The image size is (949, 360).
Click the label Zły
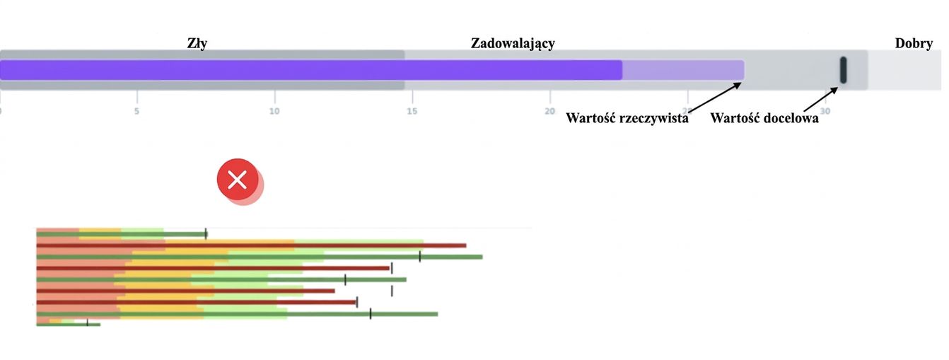197,43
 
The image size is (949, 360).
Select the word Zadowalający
513,43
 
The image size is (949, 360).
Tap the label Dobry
914,43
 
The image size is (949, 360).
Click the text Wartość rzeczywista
627,118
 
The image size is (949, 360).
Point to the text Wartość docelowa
764,118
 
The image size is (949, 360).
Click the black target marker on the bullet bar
843,70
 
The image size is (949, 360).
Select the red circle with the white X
238,180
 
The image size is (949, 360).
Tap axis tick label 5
136,111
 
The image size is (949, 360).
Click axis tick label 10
274,111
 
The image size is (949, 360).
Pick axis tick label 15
412,111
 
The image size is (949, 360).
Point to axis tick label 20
549,111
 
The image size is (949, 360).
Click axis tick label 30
825,111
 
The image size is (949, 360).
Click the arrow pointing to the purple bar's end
715,98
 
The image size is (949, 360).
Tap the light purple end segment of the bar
683,70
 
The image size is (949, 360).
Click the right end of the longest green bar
482,257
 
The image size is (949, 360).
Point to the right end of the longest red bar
466,245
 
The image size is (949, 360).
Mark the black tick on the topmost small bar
206,234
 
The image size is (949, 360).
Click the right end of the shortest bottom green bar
100,325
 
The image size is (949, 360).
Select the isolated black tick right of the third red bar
392,291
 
